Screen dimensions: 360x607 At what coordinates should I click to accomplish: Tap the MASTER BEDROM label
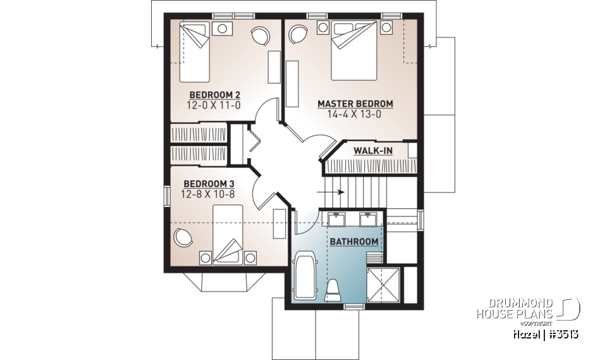coord(355,104)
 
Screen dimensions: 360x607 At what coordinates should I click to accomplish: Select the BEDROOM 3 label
coord(208,184)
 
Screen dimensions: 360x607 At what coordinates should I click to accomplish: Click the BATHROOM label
coord(354,242)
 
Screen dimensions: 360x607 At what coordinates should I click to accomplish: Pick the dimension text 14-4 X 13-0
coord(355,115)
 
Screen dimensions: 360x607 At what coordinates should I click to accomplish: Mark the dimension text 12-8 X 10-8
coord(208,194)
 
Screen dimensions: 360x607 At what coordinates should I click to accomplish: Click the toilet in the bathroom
coord(333,290)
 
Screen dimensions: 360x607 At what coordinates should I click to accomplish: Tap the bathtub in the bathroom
coord(307,275)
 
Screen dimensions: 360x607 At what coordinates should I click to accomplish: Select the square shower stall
coord(384,283)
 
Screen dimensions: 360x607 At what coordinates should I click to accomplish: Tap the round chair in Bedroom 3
coord(184,238)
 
